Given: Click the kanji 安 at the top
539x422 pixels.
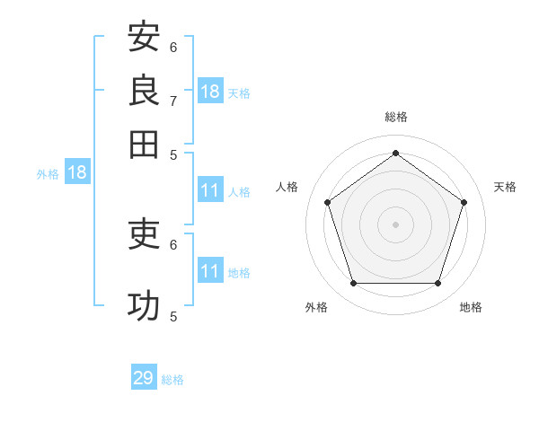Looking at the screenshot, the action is pos(144,36).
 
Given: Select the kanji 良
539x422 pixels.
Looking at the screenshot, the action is pos(144,90).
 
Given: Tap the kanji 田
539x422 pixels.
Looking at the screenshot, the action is pos(144,145).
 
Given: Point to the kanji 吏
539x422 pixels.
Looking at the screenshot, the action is pos(144,233).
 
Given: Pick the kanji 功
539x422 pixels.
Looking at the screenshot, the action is pos(144,305).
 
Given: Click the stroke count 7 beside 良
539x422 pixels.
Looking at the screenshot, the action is pos(173,101).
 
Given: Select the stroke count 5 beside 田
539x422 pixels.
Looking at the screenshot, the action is pos(173,155).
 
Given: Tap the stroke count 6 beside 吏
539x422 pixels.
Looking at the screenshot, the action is pos(173,245).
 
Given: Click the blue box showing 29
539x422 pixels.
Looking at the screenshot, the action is pos(144,376).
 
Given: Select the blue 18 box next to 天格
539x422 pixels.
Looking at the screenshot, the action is pos(210,91).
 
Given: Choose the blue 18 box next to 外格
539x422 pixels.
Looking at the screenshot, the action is pos(77,171).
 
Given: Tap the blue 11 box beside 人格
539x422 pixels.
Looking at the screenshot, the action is pos(210,189).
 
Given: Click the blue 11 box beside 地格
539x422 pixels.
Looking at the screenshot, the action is pos(210,269).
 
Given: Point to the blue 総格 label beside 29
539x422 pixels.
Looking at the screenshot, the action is pos(172,380).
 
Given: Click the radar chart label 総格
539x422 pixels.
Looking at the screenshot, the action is pos(396,117).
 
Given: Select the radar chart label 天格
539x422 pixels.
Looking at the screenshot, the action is pos(505,187).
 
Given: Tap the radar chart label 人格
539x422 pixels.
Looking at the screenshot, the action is pos(287,187).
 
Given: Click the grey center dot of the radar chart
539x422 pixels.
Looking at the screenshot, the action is pos(395,224).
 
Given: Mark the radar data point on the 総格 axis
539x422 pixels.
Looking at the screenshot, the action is pos(395,153).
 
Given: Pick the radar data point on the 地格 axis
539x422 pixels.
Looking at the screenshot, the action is pos(437,283).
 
